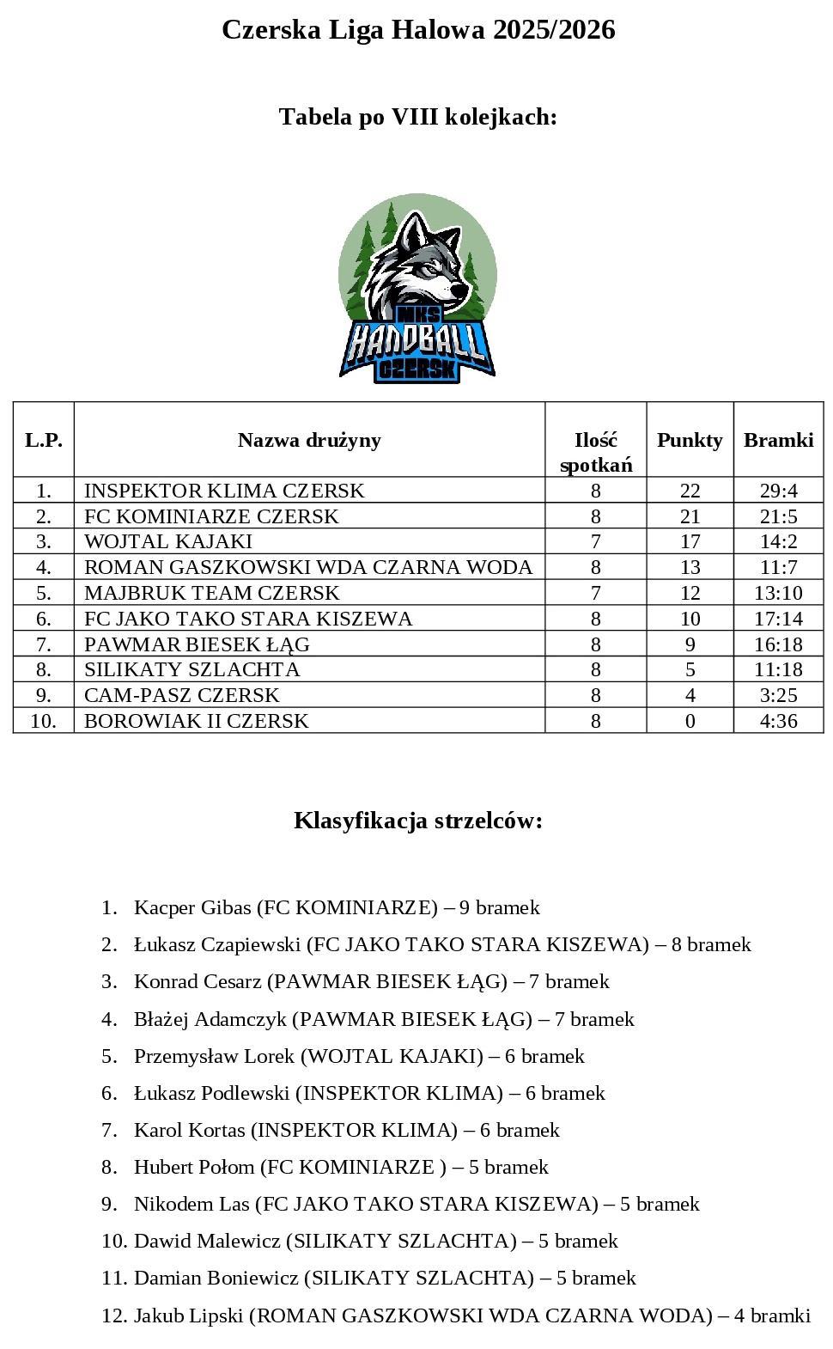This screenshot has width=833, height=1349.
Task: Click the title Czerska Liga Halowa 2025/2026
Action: tap(418, 30)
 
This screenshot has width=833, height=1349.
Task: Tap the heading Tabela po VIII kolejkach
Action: tap(418, 117)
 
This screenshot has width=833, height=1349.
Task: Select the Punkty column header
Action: tap(690, 440)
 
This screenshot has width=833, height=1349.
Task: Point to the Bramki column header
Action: tap(778, 440)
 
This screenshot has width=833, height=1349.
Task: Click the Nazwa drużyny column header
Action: tap(309, 440)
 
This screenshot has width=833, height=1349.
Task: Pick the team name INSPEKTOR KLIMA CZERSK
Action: tap(224, 491)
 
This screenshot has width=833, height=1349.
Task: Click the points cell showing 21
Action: tap(690, 516)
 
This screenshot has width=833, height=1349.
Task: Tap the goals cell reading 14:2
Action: tap(778, 541)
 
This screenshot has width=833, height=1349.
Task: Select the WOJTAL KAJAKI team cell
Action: tap(168, 541)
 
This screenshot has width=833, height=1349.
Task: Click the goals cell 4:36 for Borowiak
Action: tap(778, 721)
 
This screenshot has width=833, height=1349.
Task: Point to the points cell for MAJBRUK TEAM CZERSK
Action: tap(690, 593)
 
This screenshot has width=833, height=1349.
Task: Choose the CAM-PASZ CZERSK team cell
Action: tap(182, 695)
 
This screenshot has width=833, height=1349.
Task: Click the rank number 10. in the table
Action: tap(44, 721)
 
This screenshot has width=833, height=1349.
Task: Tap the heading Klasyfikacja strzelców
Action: tap(418, 821)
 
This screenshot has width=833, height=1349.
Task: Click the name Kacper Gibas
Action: tap(192, 907)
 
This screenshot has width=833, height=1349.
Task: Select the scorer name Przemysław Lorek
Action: tap(214, 1056)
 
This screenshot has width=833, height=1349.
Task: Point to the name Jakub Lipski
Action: tap(188, 1315)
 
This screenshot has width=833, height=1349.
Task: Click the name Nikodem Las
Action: tap(192, 1204)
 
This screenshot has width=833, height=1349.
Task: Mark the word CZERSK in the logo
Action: tap(417, 369)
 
